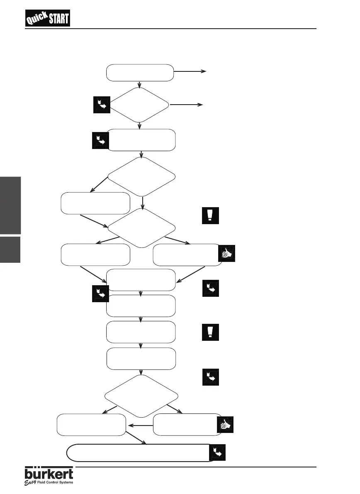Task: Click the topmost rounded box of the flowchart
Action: (x=140, y=73)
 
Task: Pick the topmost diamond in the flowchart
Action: (x=140, y=105)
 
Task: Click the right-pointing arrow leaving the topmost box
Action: (x=190, y=71)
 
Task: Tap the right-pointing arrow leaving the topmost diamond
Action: (x=187, y=105)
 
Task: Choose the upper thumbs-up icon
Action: (x=226, y=254)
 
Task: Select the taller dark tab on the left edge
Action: (x=10, y=205)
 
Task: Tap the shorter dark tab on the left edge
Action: (x=10, y=249)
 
